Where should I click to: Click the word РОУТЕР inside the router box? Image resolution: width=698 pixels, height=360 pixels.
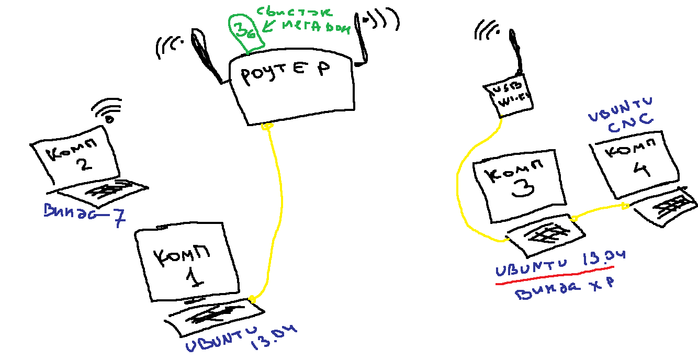click(x=285, y=75)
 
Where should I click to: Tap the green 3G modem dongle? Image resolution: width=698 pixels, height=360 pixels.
click(x=244, y=32)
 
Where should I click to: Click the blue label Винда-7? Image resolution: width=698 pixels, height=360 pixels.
click(x=84, y=215)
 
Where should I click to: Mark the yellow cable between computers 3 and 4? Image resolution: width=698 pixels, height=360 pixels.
click(x=599, y=211)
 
